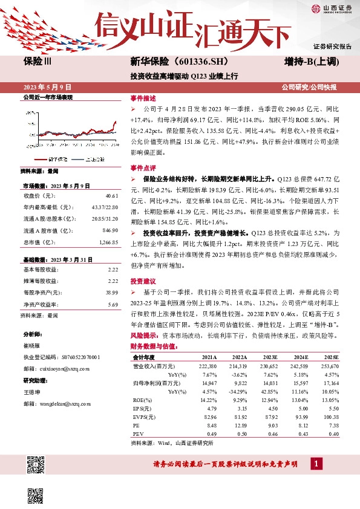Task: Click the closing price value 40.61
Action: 111,196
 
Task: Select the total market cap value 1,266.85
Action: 107,242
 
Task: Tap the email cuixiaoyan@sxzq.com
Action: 58,368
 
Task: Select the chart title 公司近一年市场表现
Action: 48,97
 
